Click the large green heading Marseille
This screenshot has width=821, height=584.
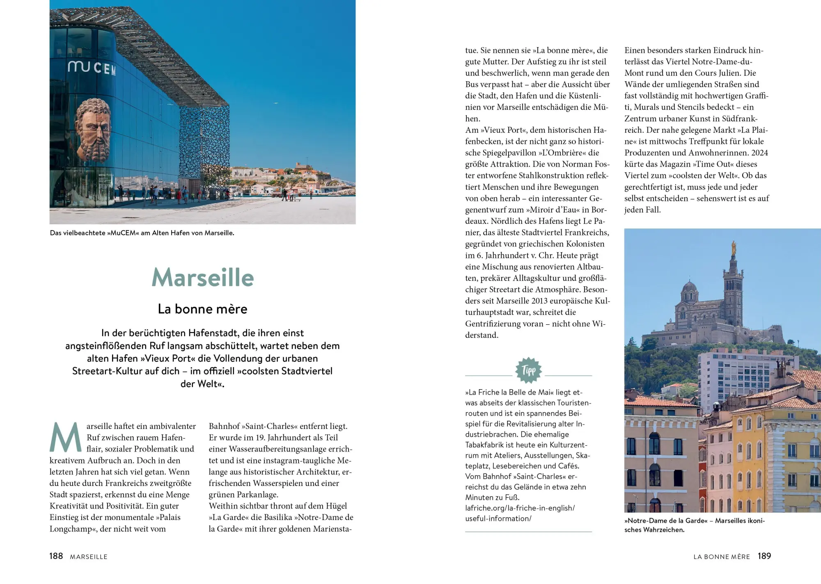click(203, 278)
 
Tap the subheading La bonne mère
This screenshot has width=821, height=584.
click(202, 309)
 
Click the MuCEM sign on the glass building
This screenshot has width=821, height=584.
click(92, 68)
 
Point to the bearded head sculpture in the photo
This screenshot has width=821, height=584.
click(94, 130)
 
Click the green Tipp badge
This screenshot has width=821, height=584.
click(528, 370)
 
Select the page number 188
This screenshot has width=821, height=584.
click(56, 556)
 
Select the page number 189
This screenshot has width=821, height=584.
click(764, 556)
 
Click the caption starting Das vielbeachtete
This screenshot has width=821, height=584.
click(142, 233)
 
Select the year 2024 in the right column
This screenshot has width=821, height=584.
click(759, 153)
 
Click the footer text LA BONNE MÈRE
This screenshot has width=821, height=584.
click(721, 557)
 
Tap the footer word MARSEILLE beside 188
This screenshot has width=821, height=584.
click(89, 557)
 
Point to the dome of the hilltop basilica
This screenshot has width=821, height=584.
click(689, 287)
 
